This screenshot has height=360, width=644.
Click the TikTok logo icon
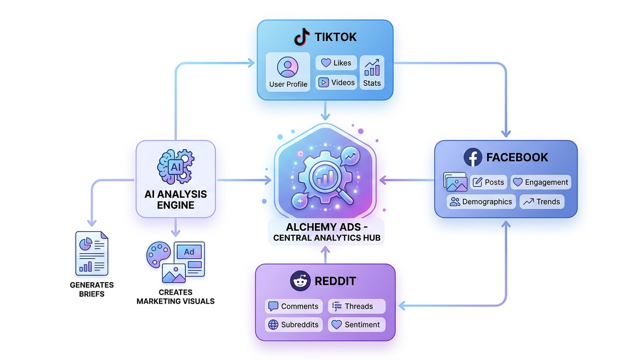coord(302,37)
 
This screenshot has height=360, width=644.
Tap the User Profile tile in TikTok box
coord(288,72)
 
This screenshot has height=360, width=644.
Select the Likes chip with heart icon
coord(336,63)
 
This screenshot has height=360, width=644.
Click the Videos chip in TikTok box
coord(336,82)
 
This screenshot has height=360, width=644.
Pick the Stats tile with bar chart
coord(372,72)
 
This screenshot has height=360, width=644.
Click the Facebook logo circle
coord(473,157)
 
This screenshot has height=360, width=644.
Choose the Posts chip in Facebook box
coord(489,182)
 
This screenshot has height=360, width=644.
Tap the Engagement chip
coord(541,182)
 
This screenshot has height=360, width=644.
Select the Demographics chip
coord(481,202)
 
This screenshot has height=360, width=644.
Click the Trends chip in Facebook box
coord(542,202)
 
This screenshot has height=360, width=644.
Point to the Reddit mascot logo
coord(300,281)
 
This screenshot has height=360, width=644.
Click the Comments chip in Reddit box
coord(294,306)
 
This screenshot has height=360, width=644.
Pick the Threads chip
coord(357,306)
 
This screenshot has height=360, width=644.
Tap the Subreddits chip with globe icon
coord(294,324)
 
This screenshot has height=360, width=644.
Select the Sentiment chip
coord(357,324)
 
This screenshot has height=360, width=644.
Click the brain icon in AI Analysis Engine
coord(168,167)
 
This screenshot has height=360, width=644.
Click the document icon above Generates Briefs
coord(92,254)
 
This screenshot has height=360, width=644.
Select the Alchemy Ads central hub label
coord(326,232)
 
